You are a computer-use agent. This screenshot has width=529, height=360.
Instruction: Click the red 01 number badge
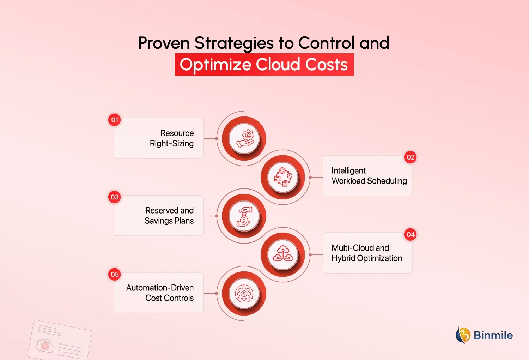click(x=115, y=120)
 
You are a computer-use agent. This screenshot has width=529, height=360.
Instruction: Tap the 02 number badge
click(x=411, y=157)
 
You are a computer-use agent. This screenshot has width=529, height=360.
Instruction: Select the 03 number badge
click(x=115, y=197)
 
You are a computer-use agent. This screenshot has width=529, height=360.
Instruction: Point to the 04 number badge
click(x=411, y=235)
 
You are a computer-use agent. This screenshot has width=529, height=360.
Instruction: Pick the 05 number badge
click(x=115, y=275)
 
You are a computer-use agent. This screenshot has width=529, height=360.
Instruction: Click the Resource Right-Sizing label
click(x=172, y=138)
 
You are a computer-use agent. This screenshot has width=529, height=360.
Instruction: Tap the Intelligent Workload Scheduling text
click(x=369, y=176)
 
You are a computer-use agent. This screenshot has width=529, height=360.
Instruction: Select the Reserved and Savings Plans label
click(x=169, y=216)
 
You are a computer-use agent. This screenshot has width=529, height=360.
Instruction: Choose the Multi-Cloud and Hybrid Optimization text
click(x=367, y=253)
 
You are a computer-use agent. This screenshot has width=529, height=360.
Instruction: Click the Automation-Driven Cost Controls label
click(x=160, y=293)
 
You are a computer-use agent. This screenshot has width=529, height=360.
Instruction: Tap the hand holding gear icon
click(x=244, y=138)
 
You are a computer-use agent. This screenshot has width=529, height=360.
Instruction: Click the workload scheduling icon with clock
click(x=283, y=177)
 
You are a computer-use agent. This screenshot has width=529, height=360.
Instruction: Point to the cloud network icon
click(x=283, y=254)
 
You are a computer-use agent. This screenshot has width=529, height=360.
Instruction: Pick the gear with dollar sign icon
click(x=244, y=294)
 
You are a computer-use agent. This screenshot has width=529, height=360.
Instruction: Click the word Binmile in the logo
click(x=493, y=335)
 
